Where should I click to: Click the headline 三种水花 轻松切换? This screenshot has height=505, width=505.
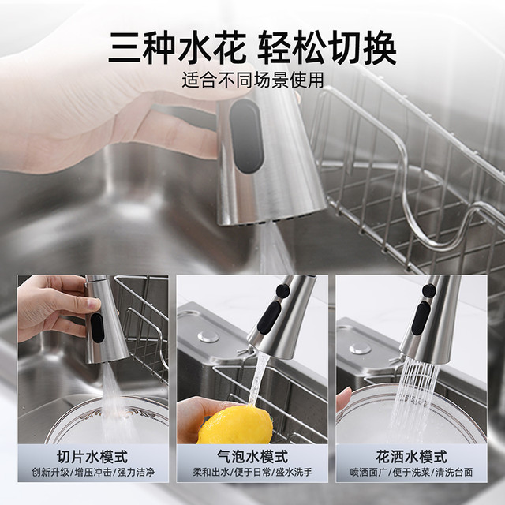252,48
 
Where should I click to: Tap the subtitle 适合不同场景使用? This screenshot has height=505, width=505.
252,80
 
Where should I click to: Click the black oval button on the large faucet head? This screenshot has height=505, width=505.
247,136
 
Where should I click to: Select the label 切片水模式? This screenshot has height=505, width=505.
92,456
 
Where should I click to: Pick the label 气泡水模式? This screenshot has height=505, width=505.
252,456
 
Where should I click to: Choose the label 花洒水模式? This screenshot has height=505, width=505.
411,456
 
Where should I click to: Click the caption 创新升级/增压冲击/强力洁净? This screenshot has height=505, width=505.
93,473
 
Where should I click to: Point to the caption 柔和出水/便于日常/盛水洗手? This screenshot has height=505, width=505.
252,473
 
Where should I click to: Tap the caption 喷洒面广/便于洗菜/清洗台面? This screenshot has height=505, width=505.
411,473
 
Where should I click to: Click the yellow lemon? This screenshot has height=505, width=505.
235,425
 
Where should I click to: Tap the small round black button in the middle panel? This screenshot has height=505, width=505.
282,290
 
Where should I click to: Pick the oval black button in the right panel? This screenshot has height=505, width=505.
421,318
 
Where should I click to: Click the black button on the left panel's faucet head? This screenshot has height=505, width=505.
97,327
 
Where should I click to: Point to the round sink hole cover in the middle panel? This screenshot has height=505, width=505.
208,337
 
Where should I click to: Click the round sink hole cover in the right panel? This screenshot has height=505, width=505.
360,349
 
